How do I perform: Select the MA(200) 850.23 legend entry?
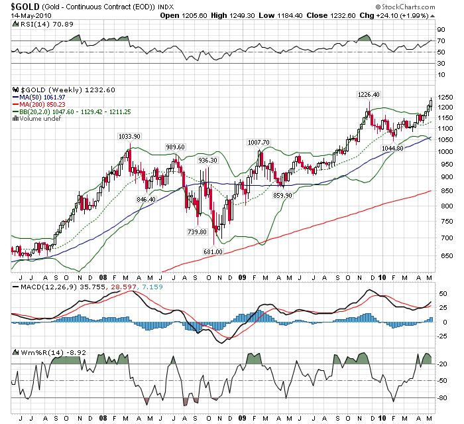click(46, 105)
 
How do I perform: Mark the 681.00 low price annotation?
click(213, 251)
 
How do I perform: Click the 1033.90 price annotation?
click(129, 136)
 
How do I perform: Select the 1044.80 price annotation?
click(393, 147)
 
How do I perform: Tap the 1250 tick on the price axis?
click(445, 98)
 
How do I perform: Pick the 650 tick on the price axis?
click(443, 256)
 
